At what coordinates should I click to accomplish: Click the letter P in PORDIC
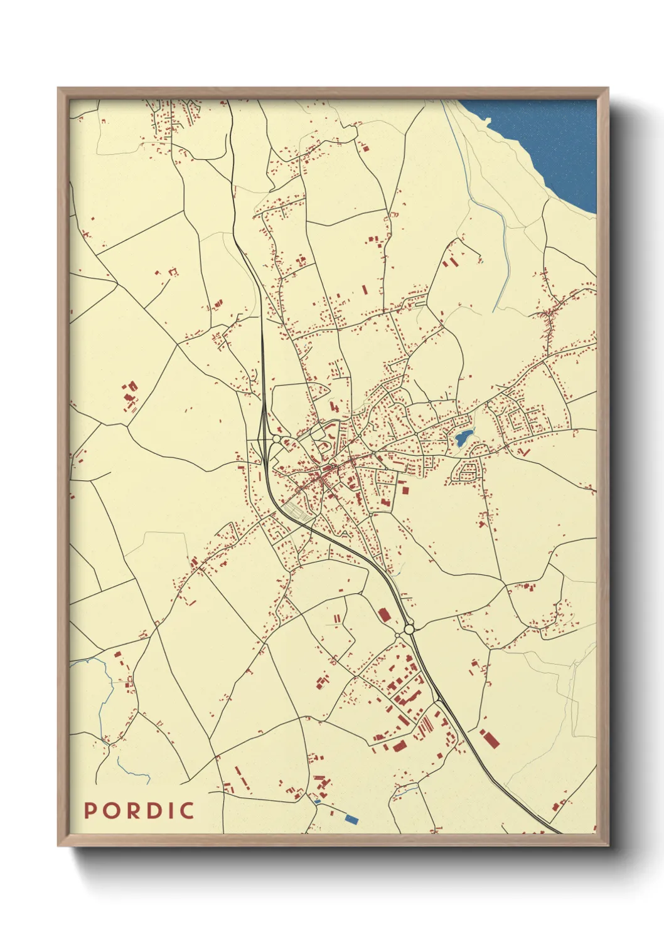pos(90,810)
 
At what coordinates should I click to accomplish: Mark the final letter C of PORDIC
pos(186,810)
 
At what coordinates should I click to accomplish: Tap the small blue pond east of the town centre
pos(463,436)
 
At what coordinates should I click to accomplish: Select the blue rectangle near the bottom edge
pos(351,818)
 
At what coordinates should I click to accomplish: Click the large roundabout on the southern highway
pos(409,628)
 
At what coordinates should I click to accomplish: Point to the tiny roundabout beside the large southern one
pos(397,635)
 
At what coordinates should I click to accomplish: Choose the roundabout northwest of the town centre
pos(276,439)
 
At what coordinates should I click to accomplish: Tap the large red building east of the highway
pos(490,739)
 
